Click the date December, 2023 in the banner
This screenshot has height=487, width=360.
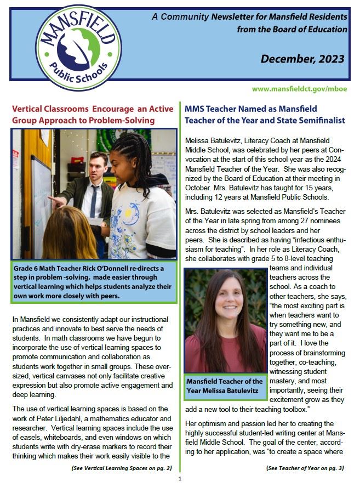tap(302, 59)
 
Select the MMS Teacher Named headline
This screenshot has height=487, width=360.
tap(265, 114)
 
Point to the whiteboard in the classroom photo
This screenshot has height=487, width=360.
tap(42, 203)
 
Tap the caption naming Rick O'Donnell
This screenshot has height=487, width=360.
tap(93, 281)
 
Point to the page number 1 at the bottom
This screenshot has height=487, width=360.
tap(179, 479)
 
